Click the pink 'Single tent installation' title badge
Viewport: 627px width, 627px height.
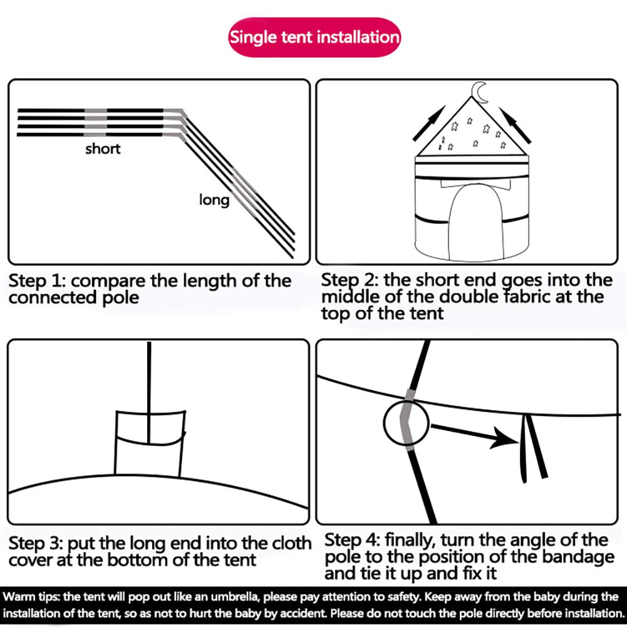tap(314, 37)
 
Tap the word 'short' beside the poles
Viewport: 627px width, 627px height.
tap(103, 148)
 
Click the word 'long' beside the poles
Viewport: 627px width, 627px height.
tap(214, 200)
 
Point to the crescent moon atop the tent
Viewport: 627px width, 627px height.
tap(479, 92)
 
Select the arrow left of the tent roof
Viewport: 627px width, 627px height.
tap(429, 123)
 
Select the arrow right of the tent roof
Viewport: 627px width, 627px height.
tap(515, 125)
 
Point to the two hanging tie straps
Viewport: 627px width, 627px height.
tap(533, 448)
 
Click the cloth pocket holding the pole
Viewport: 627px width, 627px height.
tap(150, 444)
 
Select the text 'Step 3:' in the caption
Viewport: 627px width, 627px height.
tap(36, 543)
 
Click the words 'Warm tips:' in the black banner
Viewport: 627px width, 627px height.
tap(31, 597)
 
